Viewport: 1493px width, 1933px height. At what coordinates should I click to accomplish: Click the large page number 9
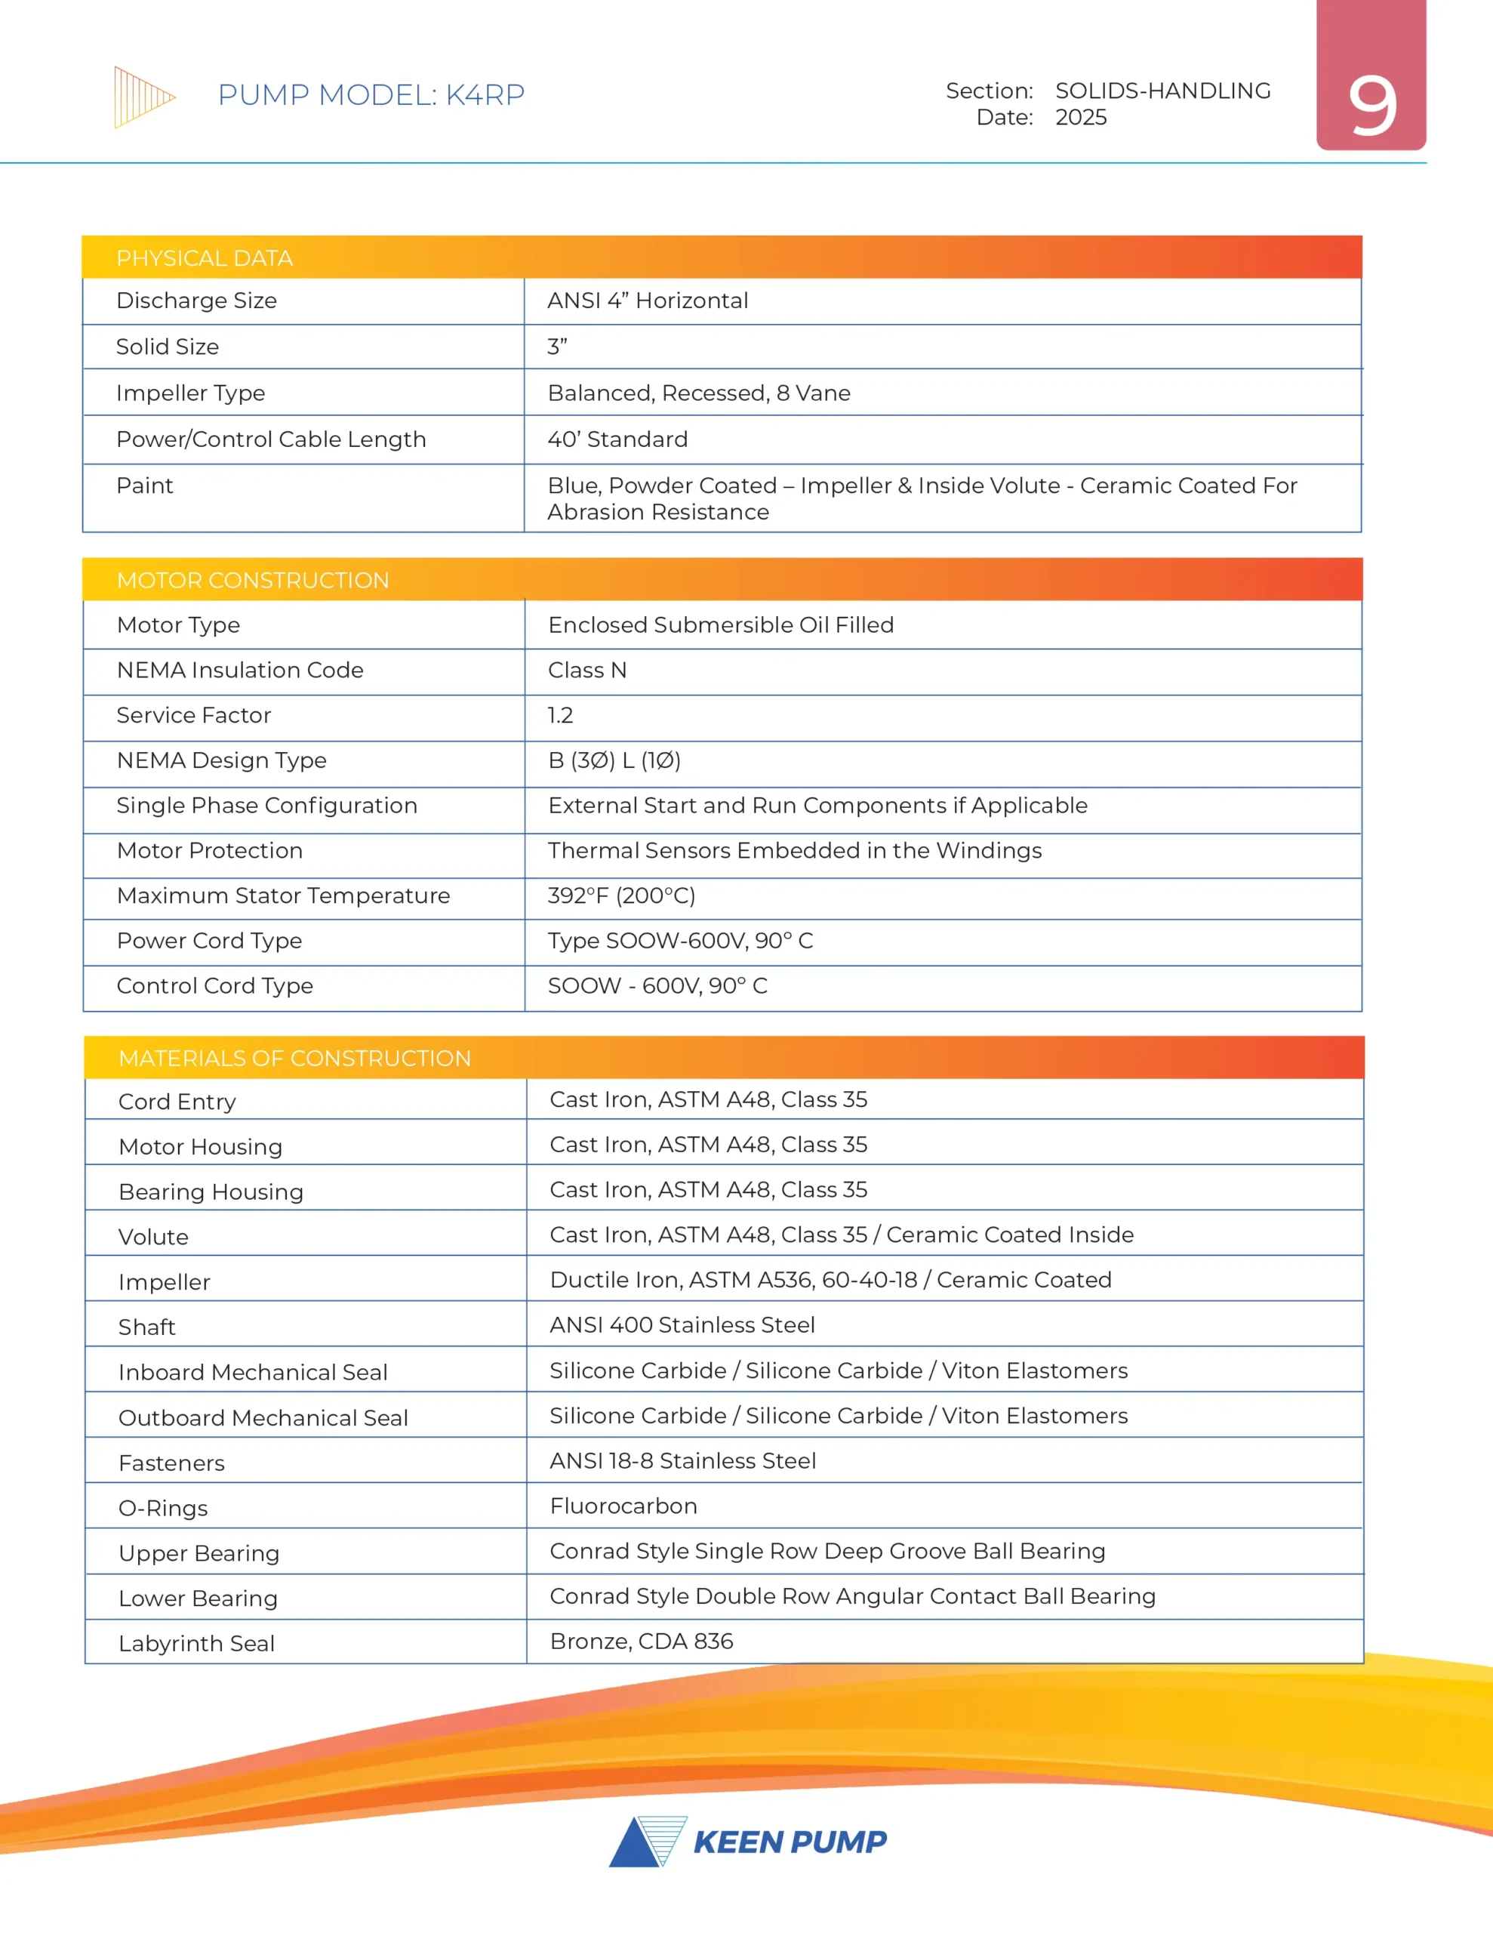click(x=1371, y=106)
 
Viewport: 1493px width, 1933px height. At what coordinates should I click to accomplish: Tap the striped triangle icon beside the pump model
click(x=143, y=97)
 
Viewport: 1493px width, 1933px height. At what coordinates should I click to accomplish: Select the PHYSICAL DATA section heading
click(x=205, y=258)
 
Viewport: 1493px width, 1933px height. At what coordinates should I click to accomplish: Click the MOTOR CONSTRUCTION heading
click(x=253, y=581)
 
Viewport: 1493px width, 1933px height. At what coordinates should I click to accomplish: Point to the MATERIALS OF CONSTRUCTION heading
click(x=294, y=1059)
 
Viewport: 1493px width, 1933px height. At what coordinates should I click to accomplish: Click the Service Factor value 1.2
click(x=560, y=715)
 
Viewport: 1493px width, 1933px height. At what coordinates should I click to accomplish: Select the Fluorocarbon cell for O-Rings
click(x=623, y=1506)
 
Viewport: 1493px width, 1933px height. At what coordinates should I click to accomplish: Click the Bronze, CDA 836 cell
click(x=642, y=1641)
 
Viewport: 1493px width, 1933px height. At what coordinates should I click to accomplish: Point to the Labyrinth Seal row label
click(x=196, y=1644)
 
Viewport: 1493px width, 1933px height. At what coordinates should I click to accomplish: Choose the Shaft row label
click(x=147, y=1327)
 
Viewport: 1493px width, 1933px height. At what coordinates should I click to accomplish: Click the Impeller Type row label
click(x=190, y=393)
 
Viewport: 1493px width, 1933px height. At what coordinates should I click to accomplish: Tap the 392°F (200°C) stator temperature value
click(x=621, y=896)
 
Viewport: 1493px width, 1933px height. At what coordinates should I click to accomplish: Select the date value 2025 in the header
click(x=1081, y=118)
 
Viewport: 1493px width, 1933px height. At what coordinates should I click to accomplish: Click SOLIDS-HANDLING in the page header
click(x=1163, y=91)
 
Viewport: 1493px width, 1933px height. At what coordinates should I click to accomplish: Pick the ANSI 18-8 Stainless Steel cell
click(x=682, y=1460)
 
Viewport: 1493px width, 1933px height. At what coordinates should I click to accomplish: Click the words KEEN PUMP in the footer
click(x=790, y=1842)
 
